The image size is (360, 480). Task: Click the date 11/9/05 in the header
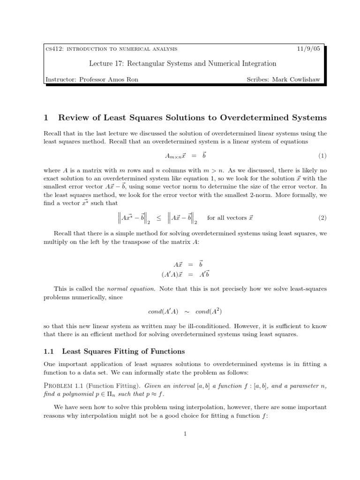pyautogui.click(x=308, y=49)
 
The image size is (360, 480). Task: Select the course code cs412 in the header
pyautogui.click(x=53, y=49)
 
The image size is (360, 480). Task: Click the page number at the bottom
pyautogui.click(x=185, y=434)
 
